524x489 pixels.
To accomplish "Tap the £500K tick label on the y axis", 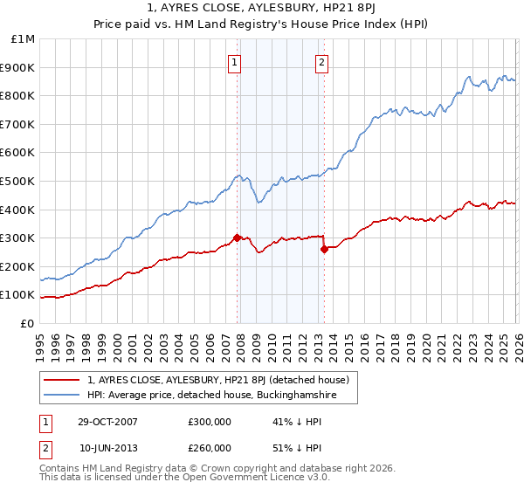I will click(x=18, y=181).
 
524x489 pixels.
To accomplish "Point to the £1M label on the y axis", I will click(x=24, y=39).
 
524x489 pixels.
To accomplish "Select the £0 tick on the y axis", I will click(x=28, y=323).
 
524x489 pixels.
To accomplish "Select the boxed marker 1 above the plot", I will click(x=236, y=62).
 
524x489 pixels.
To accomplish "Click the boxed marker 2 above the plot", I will click(x=322, y=62).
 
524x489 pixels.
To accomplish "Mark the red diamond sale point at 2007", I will click(x=237, y=238).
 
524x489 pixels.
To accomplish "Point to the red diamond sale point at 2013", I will click(x=324, y=249).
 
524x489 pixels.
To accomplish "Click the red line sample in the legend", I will click(x=61, y=380).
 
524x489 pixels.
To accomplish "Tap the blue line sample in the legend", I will click(x=61, y=396).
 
